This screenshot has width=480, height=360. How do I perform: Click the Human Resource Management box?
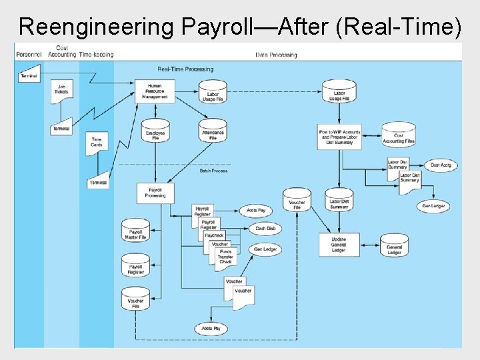(155, 92)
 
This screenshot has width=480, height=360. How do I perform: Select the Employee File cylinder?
(155, 132)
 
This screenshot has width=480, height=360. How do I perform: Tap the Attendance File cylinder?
(213, 133)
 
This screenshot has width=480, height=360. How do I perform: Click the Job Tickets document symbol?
(62, 89)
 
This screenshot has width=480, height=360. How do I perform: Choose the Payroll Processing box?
(155, 193)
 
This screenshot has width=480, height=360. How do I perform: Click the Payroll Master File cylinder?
(135, 231)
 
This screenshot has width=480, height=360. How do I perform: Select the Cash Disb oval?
(265, 229)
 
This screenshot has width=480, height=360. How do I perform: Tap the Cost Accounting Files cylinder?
(399, 136)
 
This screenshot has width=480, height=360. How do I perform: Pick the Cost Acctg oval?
(441, 165)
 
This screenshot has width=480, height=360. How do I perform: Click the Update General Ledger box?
(339, 245)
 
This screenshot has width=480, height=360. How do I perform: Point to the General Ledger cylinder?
(395, 247)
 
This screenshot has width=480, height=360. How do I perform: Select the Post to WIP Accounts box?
(340, 136)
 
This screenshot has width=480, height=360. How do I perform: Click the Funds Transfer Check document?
(226, 257)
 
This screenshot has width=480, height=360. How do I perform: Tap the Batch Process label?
(213, 171)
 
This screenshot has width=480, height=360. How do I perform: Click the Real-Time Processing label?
(185, 69)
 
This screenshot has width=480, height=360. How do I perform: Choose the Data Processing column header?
(276, 55)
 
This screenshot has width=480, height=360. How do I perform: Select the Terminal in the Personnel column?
(29, 77)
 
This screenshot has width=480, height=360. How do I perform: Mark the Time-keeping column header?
(96, 55)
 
